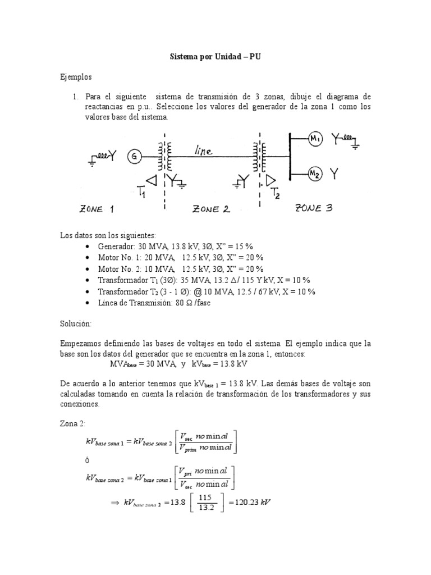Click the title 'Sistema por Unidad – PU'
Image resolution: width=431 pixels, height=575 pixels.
215,58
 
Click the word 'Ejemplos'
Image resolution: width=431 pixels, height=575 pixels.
76,76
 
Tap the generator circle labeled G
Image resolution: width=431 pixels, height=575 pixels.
134,157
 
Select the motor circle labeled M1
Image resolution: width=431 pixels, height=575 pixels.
315,139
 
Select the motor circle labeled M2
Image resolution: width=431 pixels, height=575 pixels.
315,175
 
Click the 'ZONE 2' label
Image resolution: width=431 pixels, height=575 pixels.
211,210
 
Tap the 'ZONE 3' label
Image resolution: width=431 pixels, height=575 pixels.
314,208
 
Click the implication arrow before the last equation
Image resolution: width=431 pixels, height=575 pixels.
117,503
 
